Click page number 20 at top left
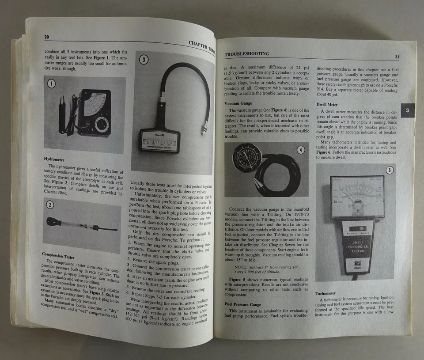tap(46, 37)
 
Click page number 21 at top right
tap(397, 57)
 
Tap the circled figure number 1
tap(51, 84)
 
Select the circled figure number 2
tap(50, 205)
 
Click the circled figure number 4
tap(300, 150)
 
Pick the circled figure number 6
tap(389, 170)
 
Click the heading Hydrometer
tap(54, 159)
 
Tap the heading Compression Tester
tap(58, 254)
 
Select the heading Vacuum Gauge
tap(238, 103)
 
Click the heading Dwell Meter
tap(327, 105)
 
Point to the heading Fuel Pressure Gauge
tap(242, 304)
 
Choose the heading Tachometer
tap(326, 293)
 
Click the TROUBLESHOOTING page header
tap(246, 54)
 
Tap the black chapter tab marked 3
tap(408, 110)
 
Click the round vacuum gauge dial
tap(247, 157)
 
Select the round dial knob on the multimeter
tap(101, 124)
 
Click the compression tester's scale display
tap(159, 143)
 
